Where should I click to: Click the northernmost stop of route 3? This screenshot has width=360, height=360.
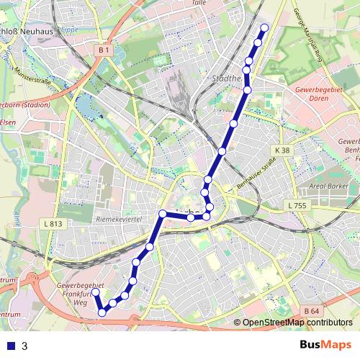(x=264, y=27)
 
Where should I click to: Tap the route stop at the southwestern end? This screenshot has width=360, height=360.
(x=95, y=292)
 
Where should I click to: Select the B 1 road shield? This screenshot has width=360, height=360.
(x=104, y=50)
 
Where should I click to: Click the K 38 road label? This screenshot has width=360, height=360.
(x=282, y=150)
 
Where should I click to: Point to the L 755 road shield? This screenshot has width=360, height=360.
(x=297, y=206)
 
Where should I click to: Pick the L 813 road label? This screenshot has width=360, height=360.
(x=53, y=224)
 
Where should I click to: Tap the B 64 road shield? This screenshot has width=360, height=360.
(x=311, y=310)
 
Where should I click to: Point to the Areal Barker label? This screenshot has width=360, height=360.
(x=328, y=185)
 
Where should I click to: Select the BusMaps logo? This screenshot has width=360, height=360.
(x=325, y=345)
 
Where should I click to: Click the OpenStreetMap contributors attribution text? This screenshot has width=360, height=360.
(x=297, y=323)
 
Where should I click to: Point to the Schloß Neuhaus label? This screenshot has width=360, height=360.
(x=29, y=33)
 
